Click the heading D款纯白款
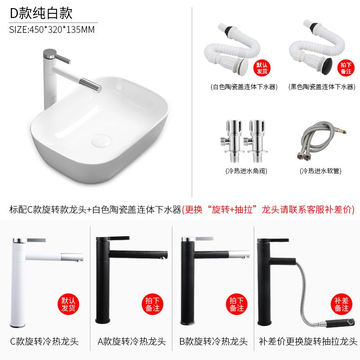41,13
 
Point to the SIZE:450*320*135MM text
52,30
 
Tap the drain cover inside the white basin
101,141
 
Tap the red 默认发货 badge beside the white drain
262,68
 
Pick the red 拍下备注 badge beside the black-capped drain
346,68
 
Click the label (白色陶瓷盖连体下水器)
244,87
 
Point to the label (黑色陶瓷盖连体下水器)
322,87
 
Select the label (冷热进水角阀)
246,171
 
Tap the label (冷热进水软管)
320,171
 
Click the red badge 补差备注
342,304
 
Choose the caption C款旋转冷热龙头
44,342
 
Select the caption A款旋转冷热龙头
131,342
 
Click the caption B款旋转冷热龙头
213,342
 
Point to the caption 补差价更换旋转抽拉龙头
308,342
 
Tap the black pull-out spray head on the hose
340,322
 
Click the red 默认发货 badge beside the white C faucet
68,304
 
